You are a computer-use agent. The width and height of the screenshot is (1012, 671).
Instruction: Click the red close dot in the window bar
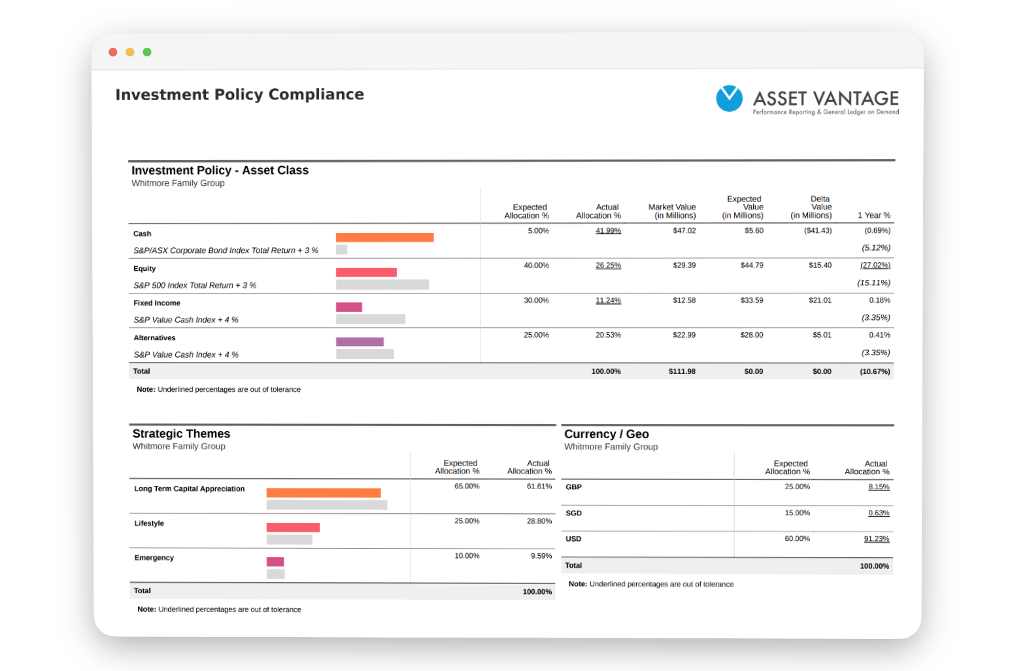click(x=113, y=52)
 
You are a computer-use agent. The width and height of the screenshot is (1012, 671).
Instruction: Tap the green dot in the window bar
click(x=147, y=52)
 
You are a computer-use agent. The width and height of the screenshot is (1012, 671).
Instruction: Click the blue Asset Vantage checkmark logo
click(x=729, y=98)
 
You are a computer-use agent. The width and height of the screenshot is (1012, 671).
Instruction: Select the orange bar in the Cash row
click(x=384, y=237)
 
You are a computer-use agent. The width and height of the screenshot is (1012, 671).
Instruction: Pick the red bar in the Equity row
click(x=366, y=272)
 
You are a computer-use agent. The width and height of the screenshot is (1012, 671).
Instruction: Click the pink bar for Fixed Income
click(x=349, y=307)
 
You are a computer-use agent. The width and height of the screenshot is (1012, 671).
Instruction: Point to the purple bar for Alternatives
click(x=360, y=341)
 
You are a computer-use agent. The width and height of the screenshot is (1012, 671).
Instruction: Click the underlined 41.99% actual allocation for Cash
click(x=608, y=230)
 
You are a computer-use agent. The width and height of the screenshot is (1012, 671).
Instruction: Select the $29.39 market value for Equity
click(x=684, y=266)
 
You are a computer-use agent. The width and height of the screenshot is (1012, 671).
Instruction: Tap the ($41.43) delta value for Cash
click(x=818, y=230)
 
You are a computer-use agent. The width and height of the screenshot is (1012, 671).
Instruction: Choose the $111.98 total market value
click(x=682, y=371)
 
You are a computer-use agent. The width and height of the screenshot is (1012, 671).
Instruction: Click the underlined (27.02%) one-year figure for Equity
click(x=875, y=266)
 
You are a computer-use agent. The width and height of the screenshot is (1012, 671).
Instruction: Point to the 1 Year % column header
click(x=874, y=216)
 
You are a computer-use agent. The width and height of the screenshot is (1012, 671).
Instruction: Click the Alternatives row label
click(x=154, y=338)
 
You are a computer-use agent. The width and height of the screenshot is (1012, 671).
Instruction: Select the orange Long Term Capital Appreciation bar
click(x=324, y=492)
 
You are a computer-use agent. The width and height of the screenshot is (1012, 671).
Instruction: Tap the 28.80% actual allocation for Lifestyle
click(x=539, y=521)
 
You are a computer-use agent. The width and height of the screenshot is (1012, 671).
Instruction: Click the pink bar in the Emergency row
click(x=275, y=562)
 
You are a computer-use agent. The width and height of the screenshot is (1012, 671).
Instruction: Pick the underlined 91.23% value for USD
click(x=877, y=539)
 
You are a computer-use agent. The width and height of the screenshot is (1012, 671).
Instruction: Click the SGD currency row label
click(x=574, y=513)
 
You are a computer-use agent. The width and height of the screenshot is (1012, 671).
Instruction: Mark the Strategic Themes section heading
click(x=181, y=434)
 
